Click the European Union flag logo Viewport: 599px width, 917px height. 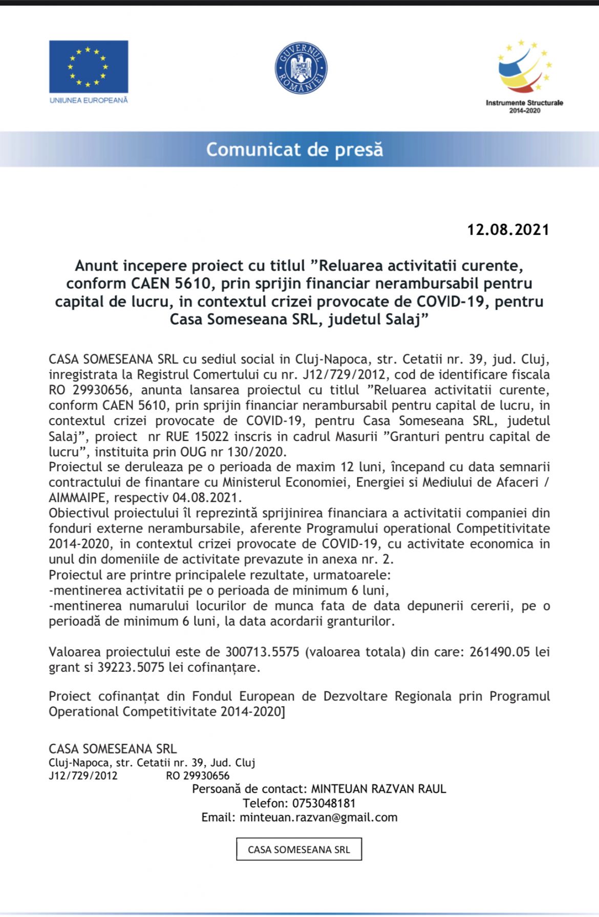click(89, 67)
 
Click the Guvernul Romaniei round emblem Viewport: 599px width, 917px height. click(301, 68)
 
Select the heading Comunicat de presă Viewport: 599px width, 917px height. click(294, 149)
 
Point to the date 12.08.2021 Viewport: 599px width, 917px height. click(507, 230)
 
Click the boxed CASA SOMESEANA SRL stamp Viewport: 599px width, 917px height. click(299, 849)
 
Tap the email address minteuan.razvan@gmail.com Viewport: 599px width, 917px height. click(318, 817)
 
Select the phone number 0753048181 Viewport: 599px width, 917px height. click(324, 803)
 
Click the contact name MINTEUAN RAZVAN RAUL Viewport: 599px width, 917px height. click(378, 789)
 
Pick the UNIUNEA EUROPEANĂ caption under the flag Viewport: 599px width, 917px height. click(89, 100)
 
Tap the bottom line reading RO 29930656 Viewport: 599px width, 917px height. click(198, 776)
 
